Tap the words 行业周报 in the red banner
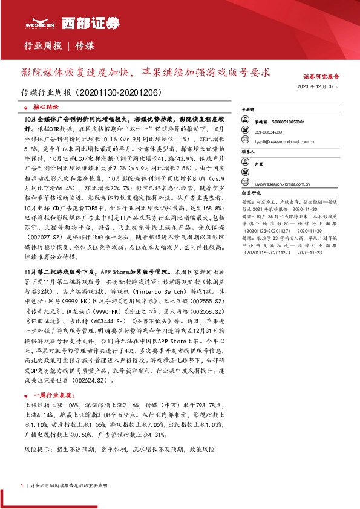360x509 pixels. point(42,46)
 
